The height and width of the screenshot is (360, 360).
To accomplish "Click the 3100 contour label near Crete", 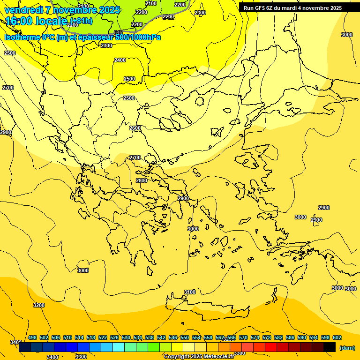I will (190, 292).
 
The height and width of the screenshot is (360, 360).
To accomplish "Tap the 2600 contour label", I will (135, 128).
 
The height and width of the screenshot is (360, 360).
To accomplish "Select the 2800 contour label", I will (142, 180).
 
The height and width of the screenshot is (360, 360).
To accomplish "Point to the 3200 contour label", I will (39, 305).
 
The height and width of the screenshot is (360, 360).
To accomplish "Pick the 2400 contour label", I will (120, 60).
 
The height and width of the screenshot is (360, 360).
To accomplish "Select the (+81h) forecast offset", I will (82, 21).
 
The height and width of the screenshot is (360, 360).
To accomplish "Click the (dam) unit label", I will (347, 347).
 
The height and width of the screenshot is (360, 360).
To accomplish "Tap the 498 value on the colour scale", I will (32, 337).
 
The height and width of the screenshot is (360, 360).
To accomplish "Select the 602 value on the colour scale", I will (337, 337).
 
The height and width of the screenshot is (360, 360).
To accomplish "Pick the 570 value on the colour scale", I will (243, 337).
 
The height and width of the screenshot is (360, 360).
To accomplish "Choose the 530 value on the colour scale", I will (126, 337).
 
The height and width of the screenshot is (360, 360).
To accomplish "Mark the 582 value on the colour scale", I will (278, 337).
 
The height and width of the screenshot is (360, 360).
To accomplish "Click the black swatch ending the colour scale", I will (330, 347).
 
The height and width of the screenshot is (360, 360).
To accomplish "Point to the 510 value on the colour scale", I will (67, 337).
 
